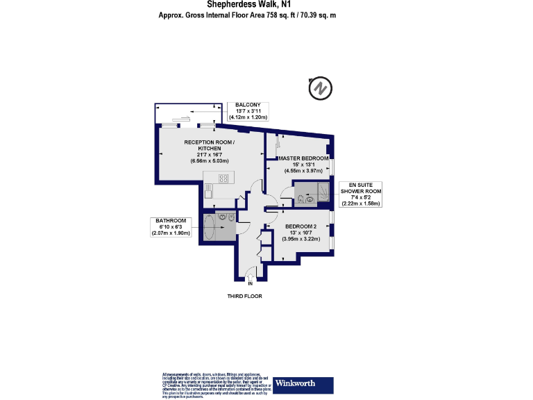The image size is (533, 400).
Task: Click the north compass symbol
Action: pos(321,88)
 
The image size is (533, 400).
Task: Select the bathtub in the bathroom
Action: pos(208,226)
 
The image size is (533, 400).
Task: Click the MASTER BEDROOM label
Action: pos(303,158)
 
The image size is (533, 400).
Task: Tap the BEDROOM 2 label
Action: pos(300,226)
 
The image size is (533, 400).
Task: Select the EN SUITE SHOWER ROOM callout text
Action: pos(359,191)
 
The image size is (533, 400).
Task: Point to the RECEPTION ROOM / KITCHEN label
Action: pos(209,146)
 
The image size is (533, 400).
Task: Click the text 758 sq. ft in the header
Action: pos(276,15)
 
